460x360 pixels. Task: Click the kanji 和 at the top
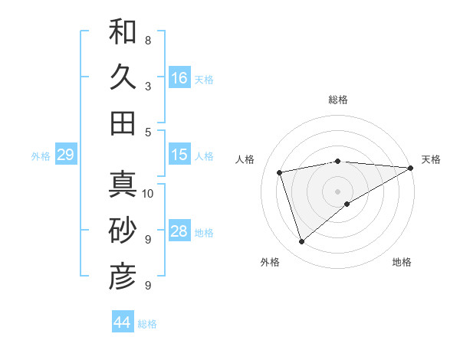tap(123, 32)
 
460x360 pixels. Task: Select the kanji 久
tap(123, 77)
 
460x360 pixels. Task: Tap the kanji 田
tap(123, 123)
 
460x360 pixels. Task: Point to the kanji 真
tap(123, 185)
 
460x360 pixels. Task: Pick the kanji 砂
tap(123, 230)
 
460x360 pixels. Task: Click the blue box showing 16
tap(179, 78)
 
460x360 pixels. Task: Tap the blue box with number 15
tap(179, 155)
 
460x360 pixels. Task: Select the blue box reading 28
tap(179, 231)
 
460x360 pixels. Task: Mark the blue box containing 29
tap(65, 155)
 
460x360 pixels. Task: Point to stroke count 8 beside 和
tap(148, 40)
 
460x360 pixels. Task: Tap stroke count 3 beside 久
tap(148, 86)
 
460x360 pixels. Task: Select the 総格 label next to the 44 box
tap(147, 324)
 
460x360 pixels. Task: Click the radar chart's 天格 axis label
tap(431, 159)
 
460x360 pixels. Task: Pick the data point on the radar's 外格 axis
tap(301, 242)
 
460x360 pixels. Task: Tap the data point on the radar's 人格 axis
tap(281, 172)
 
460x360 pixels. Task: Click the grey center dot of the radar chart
tap(337, 191)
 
